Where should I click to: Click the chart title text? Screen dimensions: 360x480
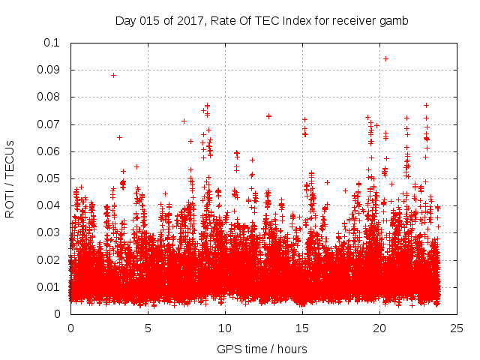click(x=262, y=20)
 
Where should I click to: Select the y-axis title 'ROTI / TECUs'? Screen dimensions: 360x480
click(x=10, y=178)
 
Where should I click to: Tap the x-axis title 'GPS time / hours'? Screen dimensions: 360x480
click(x=262, y=349)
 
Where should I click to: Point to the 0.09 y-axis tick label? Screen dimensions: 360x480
click(x=52, y=70)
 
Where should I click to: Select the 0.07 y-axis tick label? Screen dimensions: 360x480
click(x=52, y=124)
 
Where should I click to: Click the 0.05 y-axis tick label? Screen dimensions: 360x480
click(x=52, y=178)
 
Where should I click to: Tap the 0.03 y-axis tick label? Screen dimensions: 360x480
click(x=52, y=232)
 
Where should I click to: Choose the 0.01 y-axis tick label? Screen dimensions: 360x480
click(x=52, y=287)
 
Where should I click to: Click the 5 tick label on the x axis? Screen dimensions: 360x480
click(x=148, y=328)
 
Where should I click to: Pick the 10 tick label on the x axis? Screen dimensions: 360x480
click(x=225, y=328)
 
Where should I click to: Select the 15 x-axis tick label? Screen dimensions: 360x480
click(x=302, y=328)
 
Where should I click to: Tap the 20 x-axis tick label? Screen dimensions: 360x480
click(x=379, y=328)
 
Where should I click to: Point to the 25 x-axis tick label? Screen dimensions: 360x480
click(x=457, y=328)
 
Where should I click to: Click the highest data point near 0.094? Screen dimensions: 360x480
click(x=385, y=58)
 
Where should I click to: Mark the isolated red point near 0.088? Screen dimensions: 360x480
click(x=113, y=75)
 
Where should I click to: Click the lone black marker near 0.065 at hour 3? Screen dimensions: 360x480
click(x=119, y=137)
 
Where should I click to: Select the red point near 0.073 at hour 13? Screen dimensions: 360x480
click(x=268, y=115)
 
